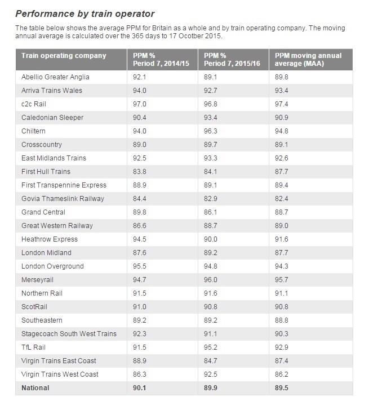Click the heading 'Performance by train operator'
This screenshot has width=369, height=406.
click(x=85, y=14)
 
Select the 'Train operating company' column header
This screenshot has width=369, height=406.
click(x=64, y=56)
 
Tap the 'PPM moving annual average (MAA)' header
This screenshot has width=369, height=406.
click(x=308, y=60)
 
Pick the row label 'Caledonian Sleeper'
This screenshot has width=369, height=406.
click(x=52, y=118)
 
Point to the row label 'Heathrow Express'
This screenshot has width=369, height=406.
click(x=50, y=239)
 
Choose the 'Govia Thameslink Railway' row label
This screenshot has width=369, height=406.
click(x=63, y=199)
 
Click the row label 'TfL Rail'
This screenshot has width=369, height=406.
click(x=33, y=347)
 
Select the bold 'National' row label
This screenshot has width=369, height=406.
click(x=35, y=388)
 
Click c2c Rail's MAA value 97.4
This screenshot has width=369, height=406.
click(x=282, y=104)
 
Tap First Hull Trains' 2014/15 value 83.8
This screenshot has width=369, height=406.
click(x=139, y=172)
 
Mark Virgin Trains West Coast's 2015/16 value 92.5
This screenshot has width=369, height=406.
click(x=210, y=374)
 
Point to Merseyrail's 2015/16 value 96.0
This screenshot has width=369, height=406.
click(x=210, y=280)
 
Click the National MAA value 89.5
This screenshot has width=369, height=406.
click(x=282, y=388)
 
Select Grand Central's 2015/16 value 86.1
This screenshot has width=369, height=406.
click(x=210, y=212)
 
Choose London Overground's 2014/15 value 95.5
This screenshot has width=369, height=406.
click(x=139, y=266)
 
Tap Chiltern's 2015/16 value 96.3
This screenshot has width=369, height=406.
click(x=210, y=131)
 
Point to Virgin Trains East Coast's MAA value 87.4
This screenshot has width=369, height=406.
click(x=282, y=361)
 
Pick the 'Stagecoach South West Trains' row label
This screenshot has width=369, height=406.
click(x=69, y=334)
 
